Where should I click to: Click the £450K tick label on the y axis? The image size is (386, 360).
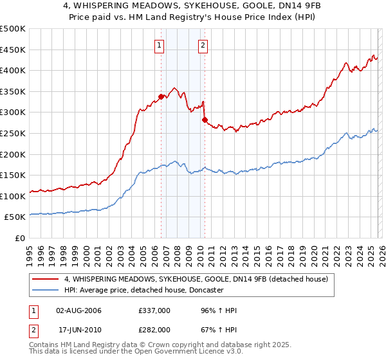point(13,50)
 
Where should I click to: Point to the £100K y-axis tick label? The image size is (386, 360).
point(13,196)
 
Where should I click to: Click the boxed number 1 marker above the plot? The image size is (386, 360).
point(159,45)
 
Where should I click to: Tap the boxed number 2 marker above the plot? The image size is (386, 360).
point(203,45)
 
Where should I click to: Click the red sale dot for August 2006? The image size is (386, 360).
point(161,96)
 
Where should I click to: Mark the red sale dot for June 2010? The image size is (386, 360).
point(205,120)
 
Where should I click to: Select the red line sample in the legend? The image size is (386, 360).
point(46,279)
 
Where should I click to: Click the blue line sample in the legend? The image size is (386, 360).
point(46,290)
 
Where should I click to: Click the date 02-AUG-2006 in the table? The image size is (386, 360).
point(78,310)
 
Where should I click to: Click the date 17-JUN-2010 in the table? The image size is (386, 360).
point(78,330)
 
